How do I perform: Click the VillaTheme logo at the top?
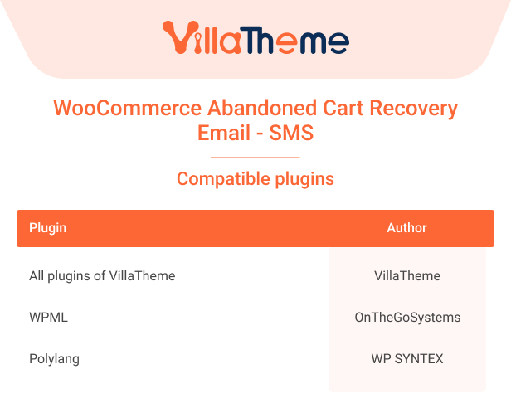[255, 37]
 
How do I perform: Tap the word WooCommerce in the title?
[128, 108]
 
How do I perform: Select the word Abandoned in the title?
[262, 108]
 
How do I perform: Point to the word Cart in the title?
[343, 108]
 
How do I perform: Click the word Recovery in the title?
[413, 109]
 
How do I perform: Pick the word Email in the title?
[224, 133]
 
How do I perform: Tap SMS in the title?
[291, 133]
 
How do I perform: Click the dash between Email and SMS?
[260, 134]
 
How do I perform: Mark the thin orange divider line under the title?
[255, 158]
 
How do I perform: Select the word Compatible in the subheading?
[224, 179]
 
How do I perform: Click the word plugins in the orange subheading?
[304, 179]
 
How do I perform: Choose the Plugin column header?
[47, 228]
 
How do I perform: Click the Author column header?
[406, 228]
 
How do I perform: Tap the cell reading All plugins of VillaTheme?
[102, 276]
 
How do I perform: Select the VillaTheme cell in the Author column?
[407, 276]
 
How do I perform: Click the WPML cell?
[49, 318]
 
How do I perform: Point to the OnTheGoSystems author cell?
[407, 318]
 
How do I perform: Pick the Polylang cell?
[54, 359]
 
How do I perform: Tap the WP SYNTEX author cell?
[407, 359]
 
